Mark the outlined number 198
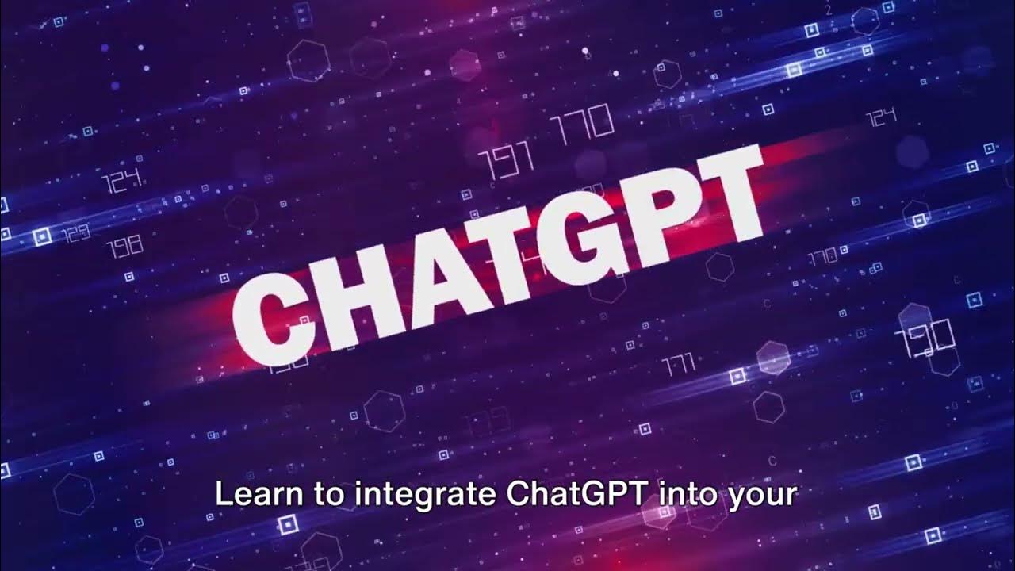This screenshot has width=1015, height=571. (x=124, y=244)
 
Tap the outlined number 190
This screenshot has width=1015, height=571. (x=925, y=337)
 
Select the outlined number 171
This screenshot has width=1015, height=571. (x=678, y=364)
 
